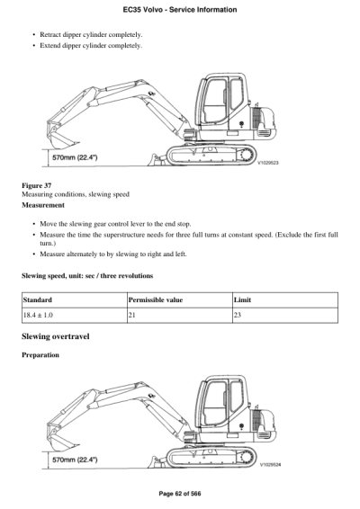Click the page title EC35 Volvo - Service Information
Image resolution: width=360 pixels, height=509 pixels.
pos(179,9)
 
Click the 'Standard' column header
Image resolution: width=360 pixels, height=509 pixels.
pos(38,299)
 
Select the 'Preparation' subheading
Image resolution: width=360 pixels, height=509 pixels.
pos(40,354)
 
